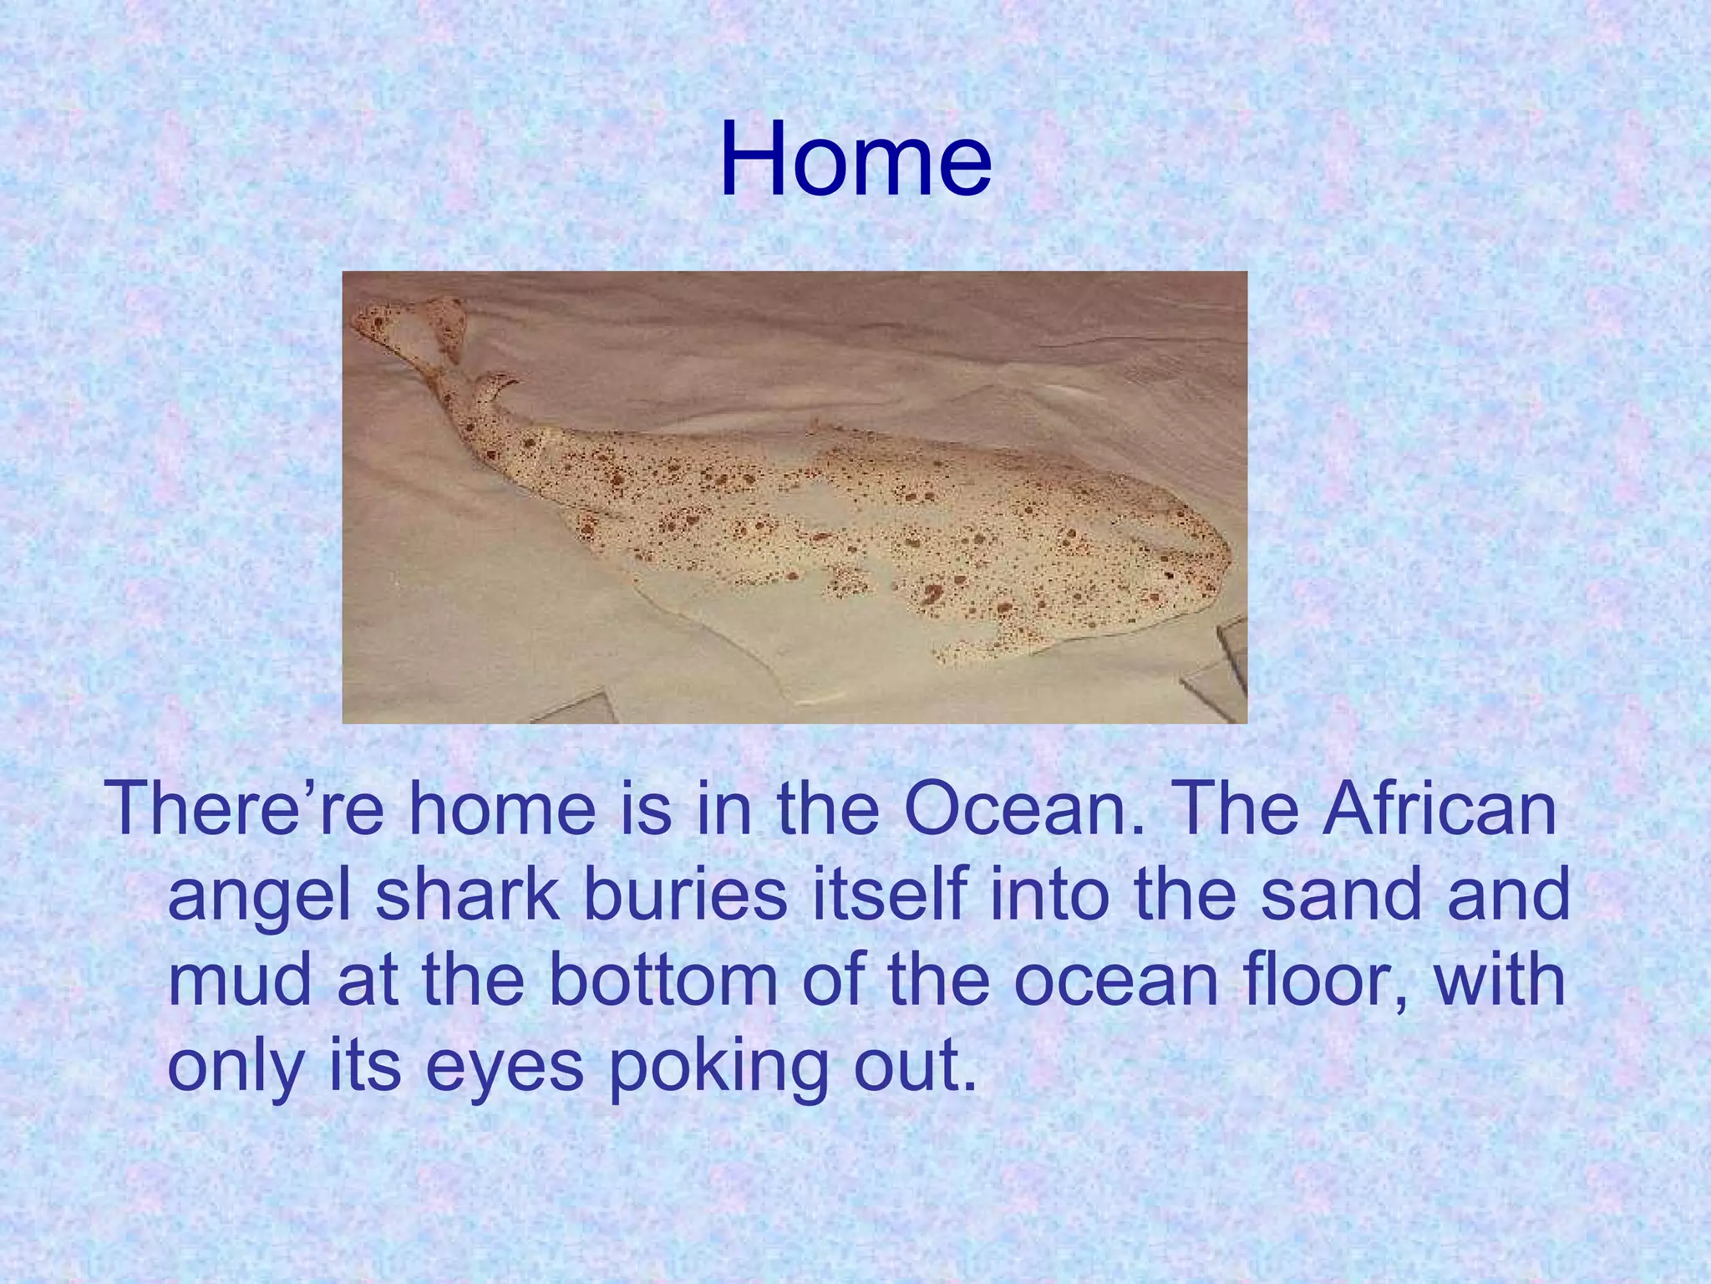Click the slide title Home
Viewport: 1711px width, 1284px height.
(855, 159)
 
